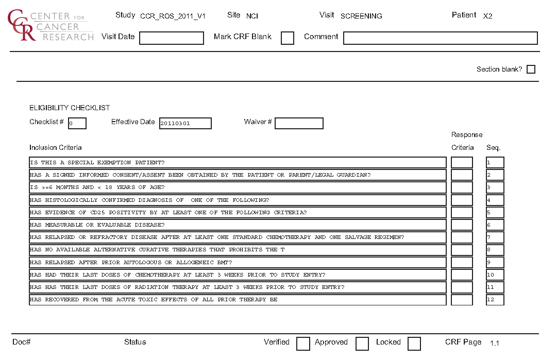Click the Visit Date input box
point(172,38)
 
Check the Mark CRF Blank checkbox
point(288,38)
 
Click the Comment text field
point(440,38)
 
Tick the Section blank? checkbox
point(531,70)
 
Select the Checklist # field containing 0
point(77,124)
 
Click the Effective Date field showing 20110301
point(185,124)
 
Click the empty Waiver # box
point(299,124)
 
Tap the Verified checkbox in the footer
point(303,344)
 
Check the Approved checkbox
point(362,344)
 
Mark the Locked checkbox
point(414,344)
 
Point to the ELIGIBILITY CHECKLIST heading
point(70,108)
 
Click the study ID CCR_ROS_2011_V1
point(173,16)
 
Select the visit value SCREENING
point(361,16)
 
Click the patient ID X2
point(487,16)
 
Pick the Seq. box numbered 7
point(495,237)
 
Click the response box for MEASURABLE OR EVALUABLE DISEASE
point(462,225)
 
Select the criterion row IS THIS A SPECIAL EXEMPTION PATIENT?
point(238,163)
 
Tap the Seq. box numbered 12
point(495,300)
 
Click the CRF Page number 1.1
point(494,343)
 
